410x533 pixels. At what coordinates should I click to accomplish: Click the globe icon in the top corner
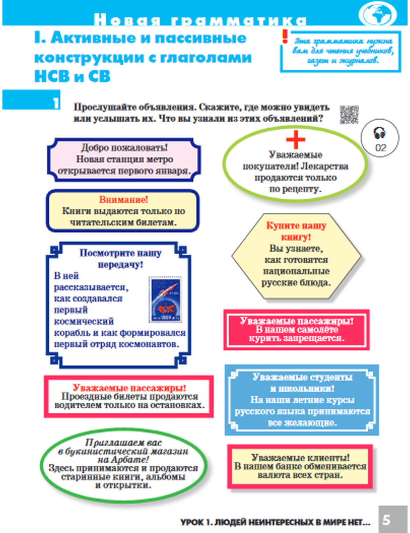(378, 14)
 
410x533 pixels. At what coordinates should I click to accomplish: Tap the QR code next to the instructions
(349, 114)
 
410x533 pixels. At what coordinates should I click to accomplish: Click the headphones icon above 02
(380, 133)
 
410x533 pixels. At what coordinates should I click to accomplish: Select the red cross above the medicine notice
(296, 139)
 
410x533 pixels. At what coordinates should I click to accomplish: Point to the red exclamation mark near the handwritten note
(285, 37)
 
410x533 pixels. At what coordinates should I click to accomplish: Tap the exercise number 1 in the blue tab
(55, 102)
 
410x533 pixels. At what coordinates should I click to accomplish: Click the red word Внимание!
(123, 200)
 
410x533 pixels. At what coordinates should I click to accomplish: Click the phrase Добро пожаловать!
(124, 148)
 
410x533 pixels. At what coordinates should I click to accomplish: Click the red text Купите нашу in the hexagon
(296, 226)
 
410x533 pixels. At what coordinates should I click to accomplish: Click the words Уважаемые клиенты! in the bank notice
(301, 458)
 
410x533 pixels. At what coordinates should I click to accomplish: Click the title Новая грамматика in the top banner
(200, 20)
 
